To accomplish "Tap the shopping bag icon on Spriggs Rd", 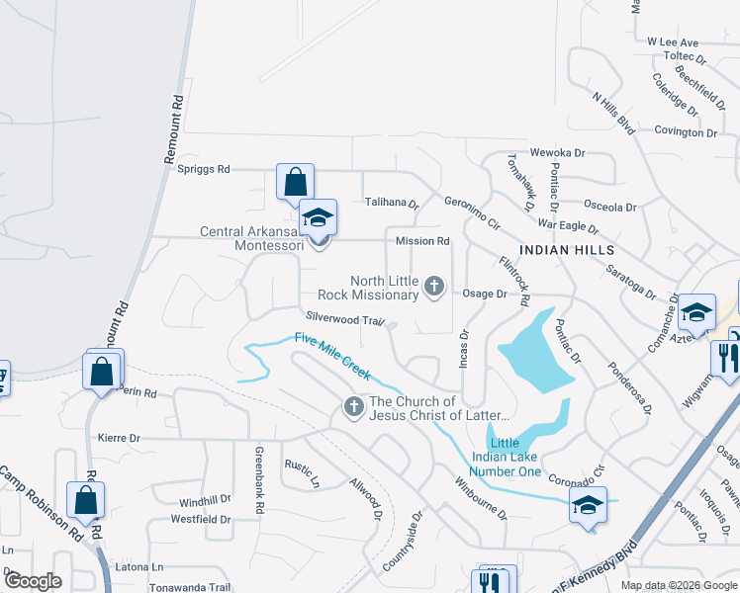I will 295,183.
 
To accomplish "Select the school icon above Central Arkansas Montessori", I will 319,217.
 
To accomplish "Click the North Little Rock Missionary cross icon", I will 433,287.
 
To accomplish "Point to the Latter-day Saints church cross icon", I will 353,406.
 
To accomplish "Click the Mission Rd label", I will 422,241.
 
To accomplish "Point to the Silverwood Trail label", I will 344,319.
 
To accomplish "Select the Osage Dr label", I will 486,294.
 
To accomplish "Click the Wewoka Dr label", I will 558,153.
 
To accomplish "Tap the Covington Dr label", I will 685,131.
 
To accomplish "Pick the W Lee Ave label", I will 673,42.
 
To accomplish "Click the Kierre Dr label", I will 120,437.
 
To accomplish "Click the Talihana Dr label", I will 392,203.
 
